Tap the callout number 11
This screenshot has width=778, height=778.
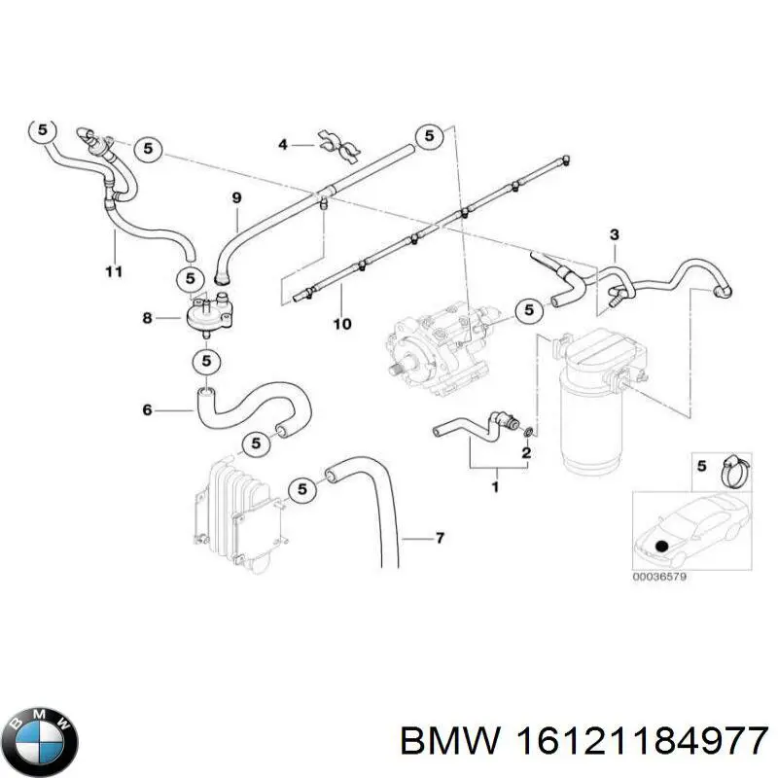tap(114, 270)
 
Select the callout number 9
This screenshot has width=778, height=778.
tap(235, 197)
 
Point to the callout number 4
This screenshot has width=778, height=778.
tap(283, 145)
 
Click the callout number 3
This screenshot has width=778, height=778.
tap(614, 234)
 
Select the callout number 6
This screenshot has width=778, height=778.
tap(147, 410)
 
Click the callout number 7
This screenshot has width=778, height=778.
tap(439, 538)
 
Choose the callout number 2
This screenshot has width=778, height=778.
tap(525, 453)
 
